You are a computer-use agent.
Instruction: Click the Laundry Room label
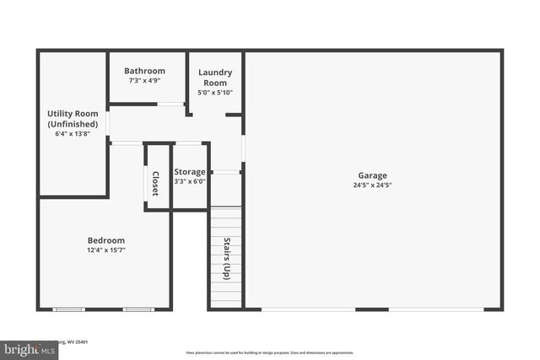[215, 78]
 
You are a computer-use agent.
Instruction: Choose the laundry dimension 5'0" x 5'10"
[215, 93]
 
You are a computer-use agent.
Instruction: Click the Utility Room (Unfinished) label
[72, 119]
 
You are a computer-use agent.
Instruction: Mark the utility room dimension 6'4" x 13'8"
[72, 133]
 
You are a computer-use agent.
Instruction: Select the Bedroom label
[106, 239]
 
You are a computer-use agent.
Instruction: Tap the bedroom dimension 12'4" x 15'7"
[106, 250]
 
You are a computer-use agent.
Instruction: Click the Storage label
[190, 171]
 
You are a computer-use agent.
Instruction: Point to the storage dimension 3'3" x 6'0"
[190, 181]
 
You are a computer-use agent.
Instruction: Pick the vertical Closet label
[155, 184]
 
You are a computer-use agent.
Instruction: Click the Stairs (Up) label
[226, 259]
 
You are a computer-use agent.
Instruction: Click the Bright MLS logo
[25, 347]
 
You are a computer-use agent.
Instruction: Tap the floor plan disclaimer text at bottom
[270, 352]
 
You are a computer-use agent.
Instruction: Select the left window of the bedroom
[69, 309]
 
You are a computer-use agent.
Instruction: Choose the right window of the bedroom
[138, 309]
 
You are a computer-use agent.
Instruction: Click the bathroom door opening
[171, 105]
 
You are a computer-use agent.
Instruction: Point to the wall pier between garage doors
[371, 309]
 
